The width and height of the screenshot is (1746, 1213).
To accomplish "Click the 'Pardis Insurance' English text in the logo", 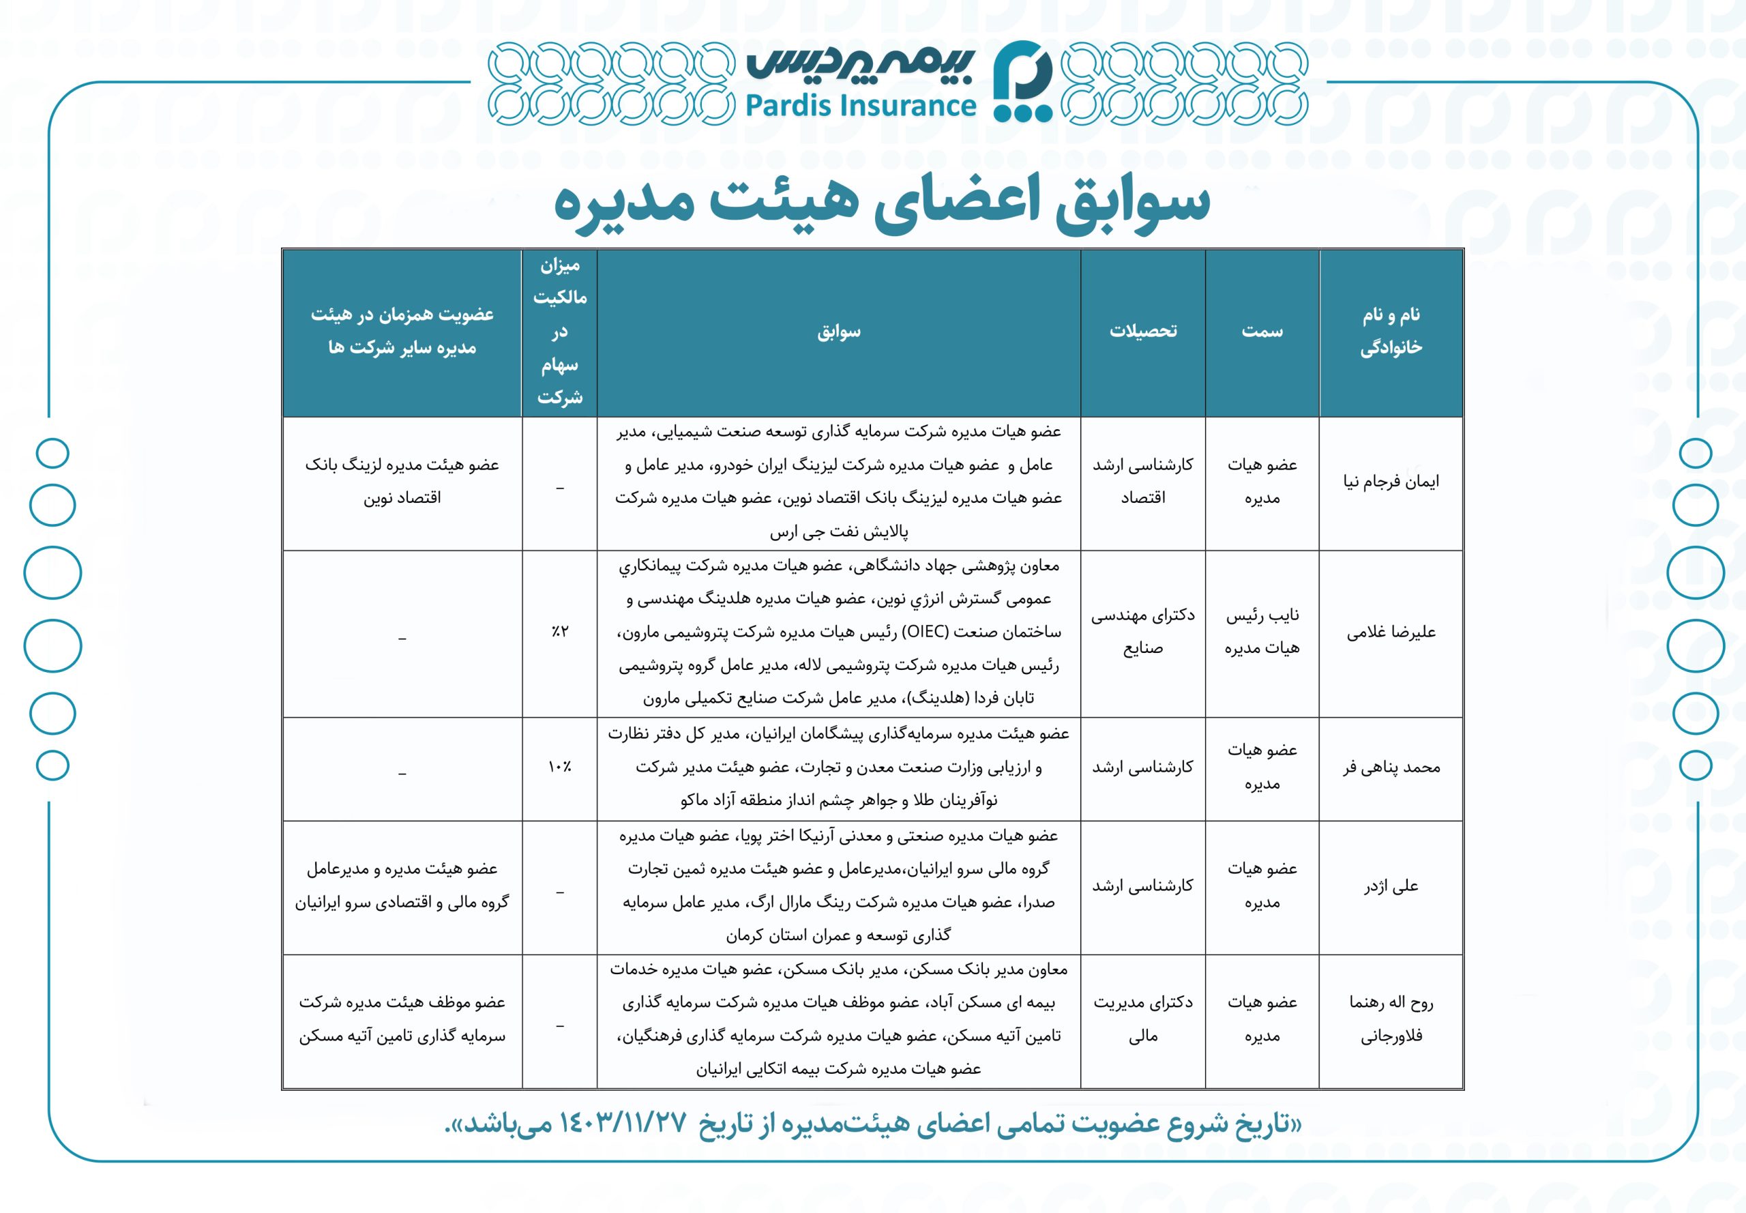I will pyautogui.click(x=860, y=106).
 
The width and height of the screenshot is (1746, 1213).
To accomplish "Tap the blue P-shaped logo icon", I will pyautogui.click(x=1022, y=81).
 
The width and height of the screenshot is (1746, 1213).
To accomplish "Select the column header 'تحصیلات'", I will pyautogui.click(x=1142, y=332).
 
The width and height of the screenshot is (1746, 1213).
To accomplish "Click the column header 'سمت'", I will pyautogui.click(x=1262, y=332).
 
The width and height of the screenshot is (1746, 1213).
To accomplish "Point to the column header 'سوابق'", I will pyautogui.click(x=839, y=332).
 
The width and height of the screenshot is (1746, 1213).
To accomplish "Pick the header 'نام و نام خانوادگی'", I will pyautogui.click(x=1391, y=332).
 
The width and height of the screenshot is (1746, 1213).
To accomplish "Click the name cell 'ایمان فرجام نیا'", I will pyautogui.click(x=1391, y=482).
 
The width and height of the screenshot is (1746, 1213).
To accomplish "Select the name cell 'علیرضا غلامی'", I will pyautogui.click(x=1391, y=632).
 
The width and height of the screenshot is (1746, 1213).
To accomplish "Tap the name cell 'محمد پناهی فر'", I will pyautogui.click(x=1391, y=768).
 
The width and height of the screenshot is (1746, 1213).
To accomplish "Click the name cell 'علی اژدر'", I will pyautogui.click(x=1391, y=886).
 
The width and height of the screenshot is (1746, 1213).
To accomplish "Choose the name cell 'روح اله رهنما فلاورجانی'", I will pyautogui.click(x=1391, y=1019).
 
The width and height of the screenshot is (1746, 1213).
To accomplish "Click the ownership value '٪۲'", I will pyautogui.click(x=560, y=632).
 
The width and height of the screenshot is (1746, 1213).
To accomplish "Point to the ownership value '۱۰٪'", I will pyautogui.click(x=560, y=768).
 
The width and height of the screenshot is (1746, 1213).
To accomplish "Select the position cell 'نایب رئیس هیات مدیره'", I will pyautogui.click(x=1262, y=632).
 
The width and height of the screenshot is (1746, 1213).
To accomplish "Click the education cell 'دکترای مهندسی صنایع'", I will pyautogui.click(x=1142, y=632).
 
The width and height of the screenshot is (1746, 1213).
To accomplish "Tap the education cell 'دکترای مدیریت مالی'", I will pyautogui.click(x=1142, y=1019).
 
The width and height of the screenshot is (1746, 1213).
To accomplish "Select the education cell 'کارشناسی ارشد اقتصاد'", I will pyautogui.click(x=1142, y=481).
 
